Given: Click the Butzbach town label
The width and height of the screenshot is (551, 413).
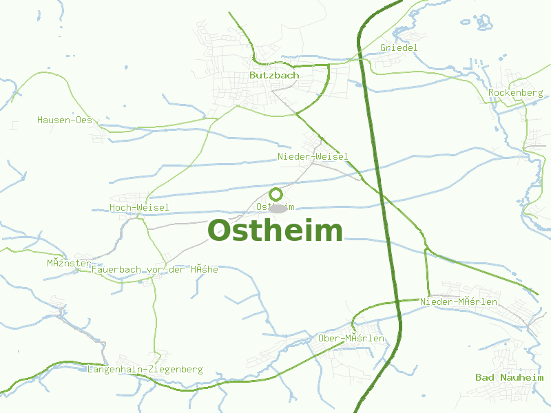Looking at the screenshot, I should (274, 75).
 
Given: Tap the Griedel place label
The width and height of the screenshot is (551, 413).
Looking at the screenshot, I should (399, 47).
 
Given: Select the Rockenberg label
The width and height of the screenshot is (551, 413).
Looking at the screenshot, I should (515, 92).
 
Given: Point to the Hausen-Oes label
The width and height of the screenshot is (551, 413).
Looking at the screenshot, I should (64, 120).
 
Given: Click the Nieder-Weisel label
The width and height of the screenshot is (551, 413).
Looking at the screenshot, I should (313, 157).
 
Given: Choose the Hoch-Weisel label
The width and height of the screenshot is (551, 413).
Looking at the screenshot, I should (139, 207).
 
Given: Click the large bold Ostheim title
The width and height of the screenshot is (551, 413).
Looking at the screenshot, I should (275, 231).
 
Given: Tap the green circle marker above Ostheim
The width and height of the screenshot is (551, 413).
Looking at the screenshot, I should (275, 194).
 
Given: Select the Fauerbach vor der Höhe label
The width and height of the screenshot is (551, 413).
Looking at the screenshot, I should (154, 269).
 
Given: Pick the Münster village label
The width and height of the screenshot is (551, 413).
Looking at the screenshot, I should (69, 263).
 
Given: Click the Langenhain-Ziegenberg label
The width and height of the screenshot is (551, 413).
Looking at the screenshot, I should (145, 370).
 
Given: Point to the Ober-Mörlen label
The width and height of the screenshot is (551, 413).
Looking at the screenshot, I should (351, 338).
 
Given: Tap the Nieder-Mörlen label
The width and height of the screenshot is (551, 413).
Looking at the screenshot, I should (458, 301).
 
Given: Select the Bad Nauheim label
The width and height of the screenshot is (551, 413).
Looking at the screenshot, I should (509, 377).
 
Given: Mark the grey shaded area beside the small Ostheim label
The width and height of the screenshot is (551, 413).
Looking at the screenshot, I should (279, 208).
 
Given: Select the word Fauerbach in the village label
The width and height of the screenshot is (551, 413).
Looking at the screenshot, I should (116, 269).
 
